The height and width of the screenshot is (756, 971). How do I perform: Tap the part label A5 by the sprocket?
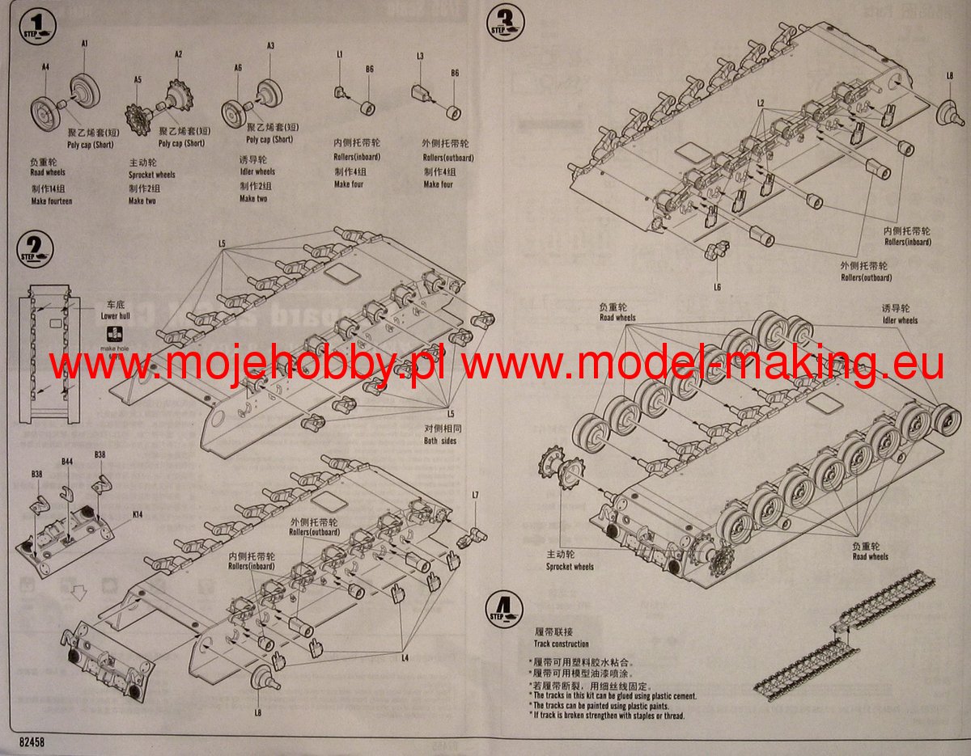[x=138, y=80]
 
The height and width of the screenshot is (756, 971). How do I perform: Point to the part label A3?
[x=271, y=46]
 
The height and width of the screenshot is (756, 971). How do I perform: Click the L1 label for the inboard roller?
[x=341, y=54]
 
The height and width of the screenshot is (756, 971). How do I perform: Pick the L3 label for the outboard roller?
[x=420, y=56]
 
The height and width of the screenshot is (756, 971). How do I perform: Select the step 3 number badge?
[x=506, y=24]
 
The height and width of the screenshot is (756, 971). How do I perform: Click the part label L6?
[x=717, y=287]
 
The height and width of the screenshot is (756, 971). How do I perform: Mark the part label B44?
[x=67, y=461]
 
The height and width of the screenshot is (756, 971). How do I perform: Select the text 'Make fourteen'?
[x=51, y=200]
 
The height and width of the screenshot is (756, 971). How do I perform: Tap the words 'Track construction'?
[x=562, y=644]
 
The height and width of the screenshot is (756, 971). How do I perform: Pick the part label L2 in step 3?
[x=761, y=103]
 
